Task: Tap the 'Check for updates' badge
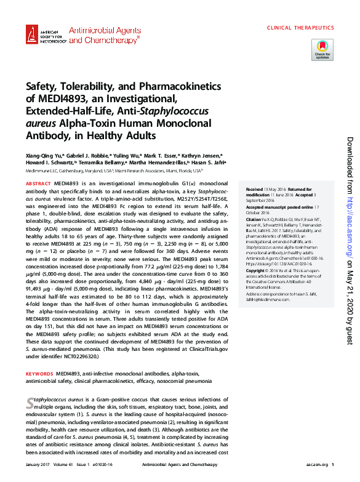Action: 322,49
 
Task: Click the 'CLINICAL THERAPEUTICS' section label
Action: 300,28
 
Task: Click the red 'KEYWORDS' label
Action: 39,374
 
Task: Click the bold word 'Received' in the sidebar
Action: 254,189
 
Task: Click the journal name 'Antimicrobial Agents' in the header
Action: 103,30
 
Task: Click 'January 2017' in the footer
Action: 37,465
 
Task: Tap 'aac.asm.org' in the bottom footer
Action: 315,465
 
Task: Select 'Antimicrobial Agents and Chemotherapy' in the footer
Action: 175,465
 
